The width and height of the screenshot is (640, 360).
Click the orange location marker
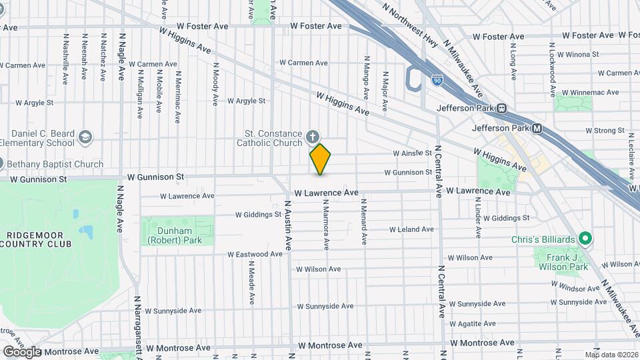tap(320, 159)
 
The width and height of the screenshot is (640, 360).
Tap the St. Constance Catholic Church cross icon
tap(312, 138)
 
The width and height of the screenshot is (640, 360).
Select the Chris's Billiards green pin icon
tap(585, 238)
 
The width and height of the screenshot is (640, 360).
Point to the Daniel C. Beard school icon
tap(85, 137)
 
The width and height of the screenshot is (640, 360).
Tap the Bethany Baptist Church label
tap(56, 164)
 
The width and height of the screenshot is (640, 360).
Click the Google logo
tap(21, 352)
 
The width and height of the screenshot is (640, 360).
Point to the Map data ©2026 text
tap(611, 355)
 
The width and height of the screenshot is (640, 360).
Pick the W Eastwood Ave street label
tap(255, 254)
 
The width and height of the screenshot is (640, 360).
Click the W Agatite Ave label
tap(473, 324)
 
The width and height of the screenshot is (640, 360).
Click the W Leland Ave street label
tap(411, 229)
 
